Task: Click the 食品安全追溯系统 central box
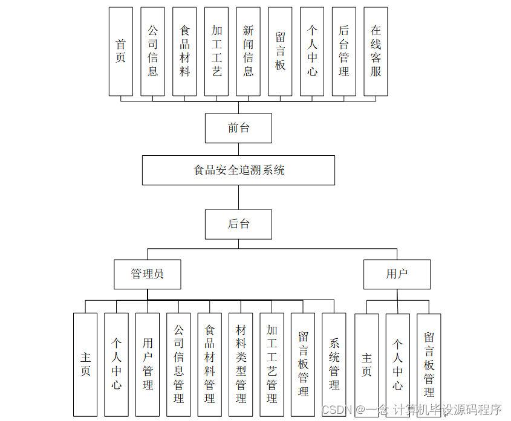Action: [238, 170]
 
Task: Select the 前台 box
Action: [238, 128]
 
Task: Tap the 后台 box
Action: [238, 224]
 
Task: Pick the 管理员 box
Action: [148, 274]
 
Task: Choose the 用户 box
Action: [397, 274]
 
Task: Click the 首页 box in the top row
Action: [121, 51]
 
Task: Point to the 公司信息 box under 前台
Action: [152, 51]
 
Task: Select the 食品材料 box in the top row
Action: [184, 51]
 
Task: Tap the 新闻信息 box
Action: [248, 51]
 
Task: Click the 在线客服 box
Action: [376, 51]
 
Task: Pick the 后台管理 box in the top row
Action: [343, 51]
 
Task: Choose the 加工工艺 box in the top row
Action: [216, 51]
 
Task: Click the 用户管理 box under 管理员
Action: [148, 364]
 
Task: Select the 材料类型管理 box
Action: [241, 364]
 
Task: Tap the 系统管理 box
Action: [334, 364]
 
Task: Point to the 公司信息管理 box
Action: [178, 364]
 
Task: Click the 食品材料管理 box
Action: [209, 364]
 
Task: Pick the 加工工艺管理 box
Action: [272, 364]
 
